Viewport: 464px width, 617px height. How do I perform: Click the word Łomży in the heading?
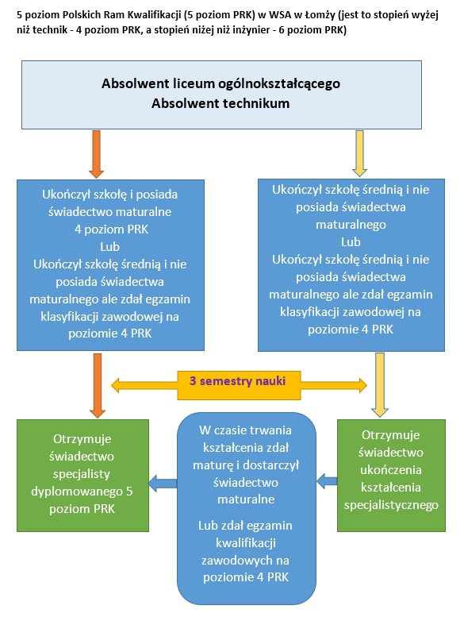[320, 16]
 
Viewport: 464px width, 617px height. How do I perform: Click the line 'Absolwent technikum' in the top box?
[220, 103]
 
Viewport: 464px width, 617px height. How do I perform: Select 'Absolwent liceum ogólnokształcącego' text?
[220, 83]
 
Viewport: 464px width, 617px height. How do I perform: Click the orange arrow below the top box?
[96, 154]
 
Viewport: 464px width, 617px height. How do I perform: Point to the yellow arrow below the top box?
[359, 153]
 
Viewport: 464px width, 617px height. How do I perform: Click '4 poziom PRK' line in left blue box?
[112, 229]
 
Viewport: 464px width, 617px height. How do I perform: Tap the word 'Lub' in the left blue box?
[109, 247]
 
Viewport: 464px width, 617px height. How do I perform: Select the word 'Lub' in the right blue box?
[351, 242]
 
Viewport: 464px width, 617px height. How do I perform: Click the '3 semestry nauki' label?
[238, 381]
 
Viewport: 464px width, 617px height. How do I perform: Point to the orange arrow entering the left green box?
[98, 386]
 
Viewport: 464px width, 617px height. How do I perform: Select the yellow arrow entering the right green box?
[380, 385]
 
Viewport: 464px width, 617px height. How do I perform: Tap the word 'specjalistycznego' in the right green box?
[391, 505]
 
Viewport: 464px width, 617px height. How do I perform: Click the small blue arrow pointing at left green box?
[163, 484]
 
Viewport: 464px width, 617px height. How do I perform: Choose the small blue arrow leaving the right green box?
[327, 481]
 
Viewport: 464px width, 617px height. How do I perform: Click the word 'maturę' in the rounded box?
[214, 465]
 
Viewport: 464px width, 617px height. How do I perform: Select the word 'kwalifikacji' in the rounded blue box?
[246, 543]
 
